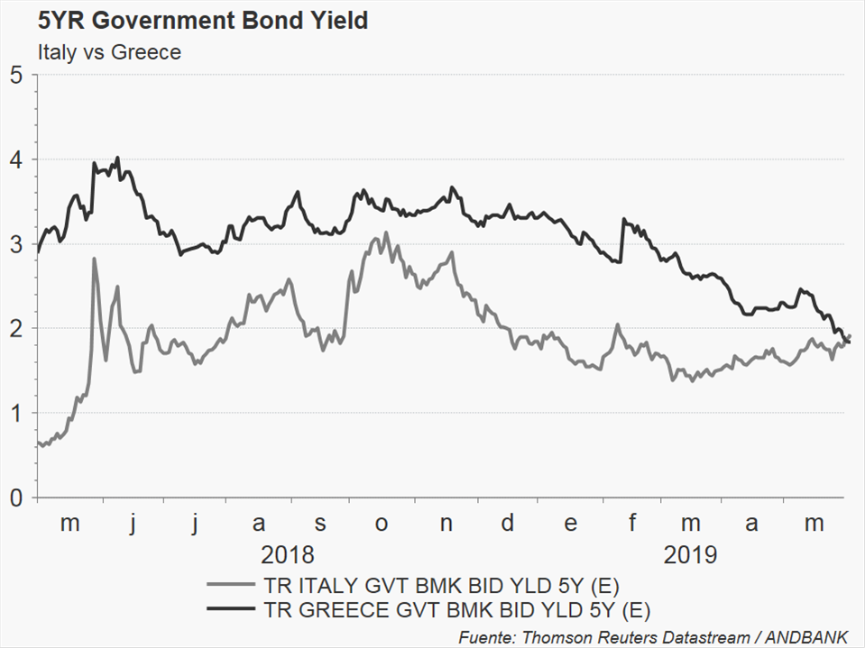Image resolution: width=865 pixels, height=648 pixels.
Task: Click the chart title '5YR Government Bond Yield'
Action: pos(202,21)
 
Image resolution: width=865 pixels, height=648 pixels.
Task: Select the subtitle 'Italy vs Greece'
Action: pos(109,52)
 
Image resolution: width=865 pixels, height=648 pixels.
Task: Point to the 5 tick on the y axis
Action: pos(16,75)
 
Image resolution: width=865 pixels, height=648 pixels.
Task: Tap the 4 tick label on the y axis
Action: pos(16,160)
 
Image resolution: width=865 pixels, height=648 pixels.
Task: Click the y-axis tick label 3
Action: pos(16,244)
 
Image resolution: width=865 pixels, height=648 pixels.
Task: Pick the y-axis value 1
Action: pos(16,413)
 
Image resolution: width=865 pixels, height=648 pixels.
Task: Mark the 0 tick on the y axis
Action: pos(16,497)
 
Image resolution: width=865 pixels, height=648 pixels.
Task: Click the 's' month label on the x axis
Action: pos(320,524)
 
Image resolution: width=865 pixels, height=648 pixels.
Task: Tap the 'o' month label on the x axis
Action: pos(382,524)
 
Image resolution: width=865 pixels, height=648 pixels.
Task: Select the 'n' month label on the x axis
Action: pos(445,524)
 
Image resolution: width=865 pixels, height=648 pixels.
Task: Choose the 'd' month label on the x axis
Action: pos(508,523)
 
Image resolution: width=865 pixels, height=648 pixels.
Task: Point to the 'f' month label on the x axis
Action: pos(632,523)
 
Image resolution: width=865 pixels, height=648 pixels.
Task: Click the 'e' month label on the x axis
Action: pos(570,524)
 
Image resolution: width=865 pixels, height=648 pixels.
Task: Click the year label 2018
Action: pos(288,553)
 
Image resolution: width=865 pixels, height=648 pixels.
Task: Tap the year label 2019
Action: pos(690,553)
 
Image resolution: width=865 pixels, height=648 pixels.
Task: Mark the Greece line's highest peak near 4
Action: pos(117,158)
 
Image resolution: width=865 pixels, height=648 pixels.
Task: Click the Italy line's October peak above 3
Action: pos(386,233)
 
